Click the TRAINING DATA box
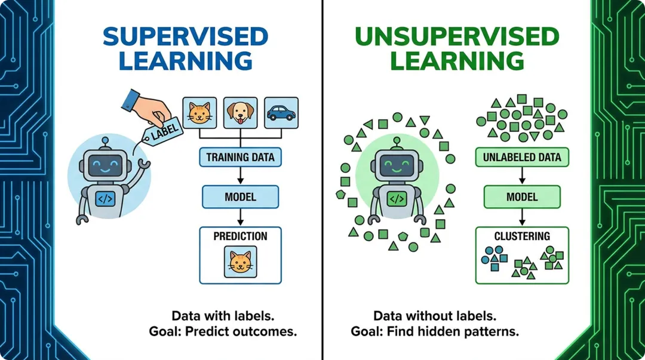coord(240,158)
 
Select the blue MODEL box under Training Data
coord(240,196)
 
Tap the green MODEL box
coord(522,196)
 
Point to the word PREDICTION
coord(240,236)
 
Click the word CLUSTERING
coord(522,236)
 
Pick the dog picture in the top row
coord(239,112)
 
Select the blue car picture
coord(280,112)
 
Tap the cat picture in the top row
coord(199,112)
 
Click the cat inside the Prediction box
coord(240,262)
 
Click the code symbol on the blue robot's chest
coord(105,198)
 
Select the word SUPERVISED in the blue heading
coord(186,37)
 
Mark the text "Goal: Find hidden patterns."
coord(435,331)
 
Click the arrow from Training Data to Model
coord(240,177)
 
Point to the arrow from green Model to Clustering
coord(522,216)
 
